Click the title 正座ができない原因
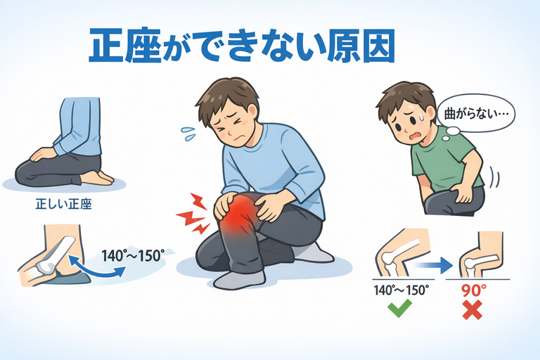[x=242, y=46]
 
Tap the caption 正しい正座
[x=64, y=205]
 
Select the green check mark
[x=399, y=308]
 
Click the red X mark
[x=472, y=309]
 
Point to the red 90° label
[x=474, y=290]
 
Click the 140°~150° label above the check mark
[x=401, y=290]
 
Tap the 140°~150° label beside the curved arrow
[x=133, y=256]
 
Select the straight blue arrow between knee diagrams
[x=433, y=265]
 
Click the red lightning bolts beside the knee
[x=193, y=214]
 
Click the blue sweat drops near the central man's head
[x=188, y=134]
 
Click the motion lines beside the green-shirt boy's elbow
[x=494, y=177]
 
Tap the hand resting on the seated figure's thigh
[x=42, y=154]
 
